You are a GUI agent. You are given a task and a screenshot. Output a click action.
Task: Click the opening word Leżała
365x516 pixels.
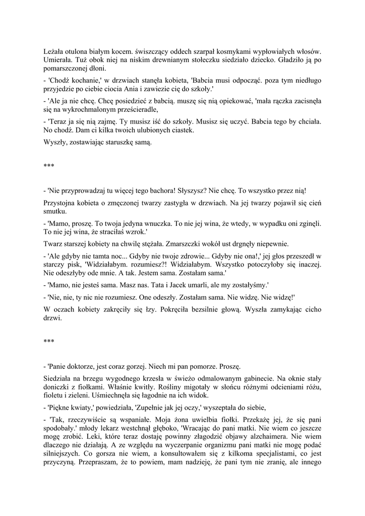[54, 51]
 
